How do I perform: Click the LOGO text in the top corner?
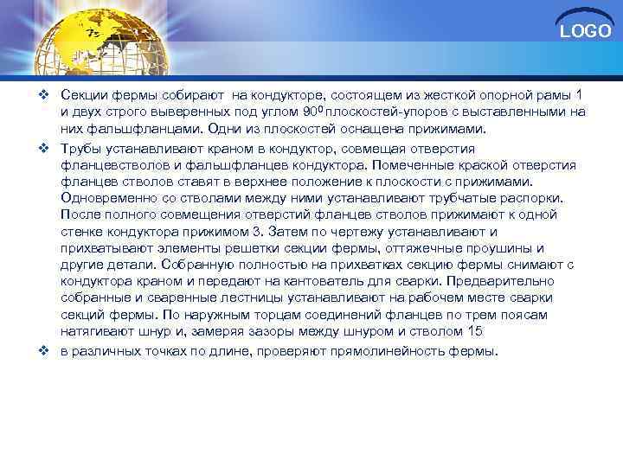point(585,32)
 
